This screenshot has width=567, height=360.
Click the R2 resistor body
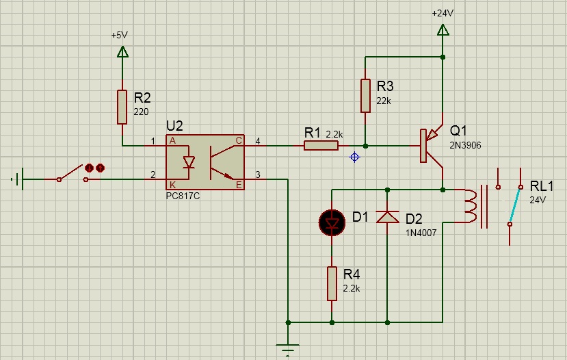[x=122, y=107]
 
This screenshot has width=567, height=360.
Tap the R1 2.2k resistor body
[x=321, y=145]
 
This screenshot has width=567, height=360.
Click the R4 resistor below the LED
[x=332, y=283]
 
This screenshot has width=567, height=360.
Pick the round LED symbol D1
[x=332, y=221]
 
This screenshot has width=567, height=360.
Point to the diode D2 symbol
[x=388, y=216]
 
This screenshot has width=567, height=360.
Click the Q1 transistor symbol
[x=431, y=145]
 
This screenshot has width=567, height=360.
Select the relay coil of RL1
[x=471, y=206]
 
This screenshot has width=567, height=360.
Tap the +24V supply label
[x=443, y=13]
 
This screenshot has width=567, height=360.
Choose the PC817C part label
[x=183, y=196]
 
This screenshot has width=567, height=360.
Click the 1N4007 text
[x=421, y=232]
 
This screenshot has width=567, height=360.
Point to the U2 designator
[x=175, y=126]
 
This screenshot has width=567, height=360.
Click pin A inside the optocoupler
[x=172, y=141]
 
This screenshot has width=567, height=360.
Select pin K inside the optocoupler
[x=172, y=184]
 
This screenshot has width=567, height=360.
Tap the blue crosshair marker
[x=354, y=157]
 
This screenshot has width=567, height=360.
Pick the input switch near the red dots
[x=72, y=175]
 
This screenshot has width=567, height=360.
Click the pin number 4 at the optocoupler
[x=258, y=141]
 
